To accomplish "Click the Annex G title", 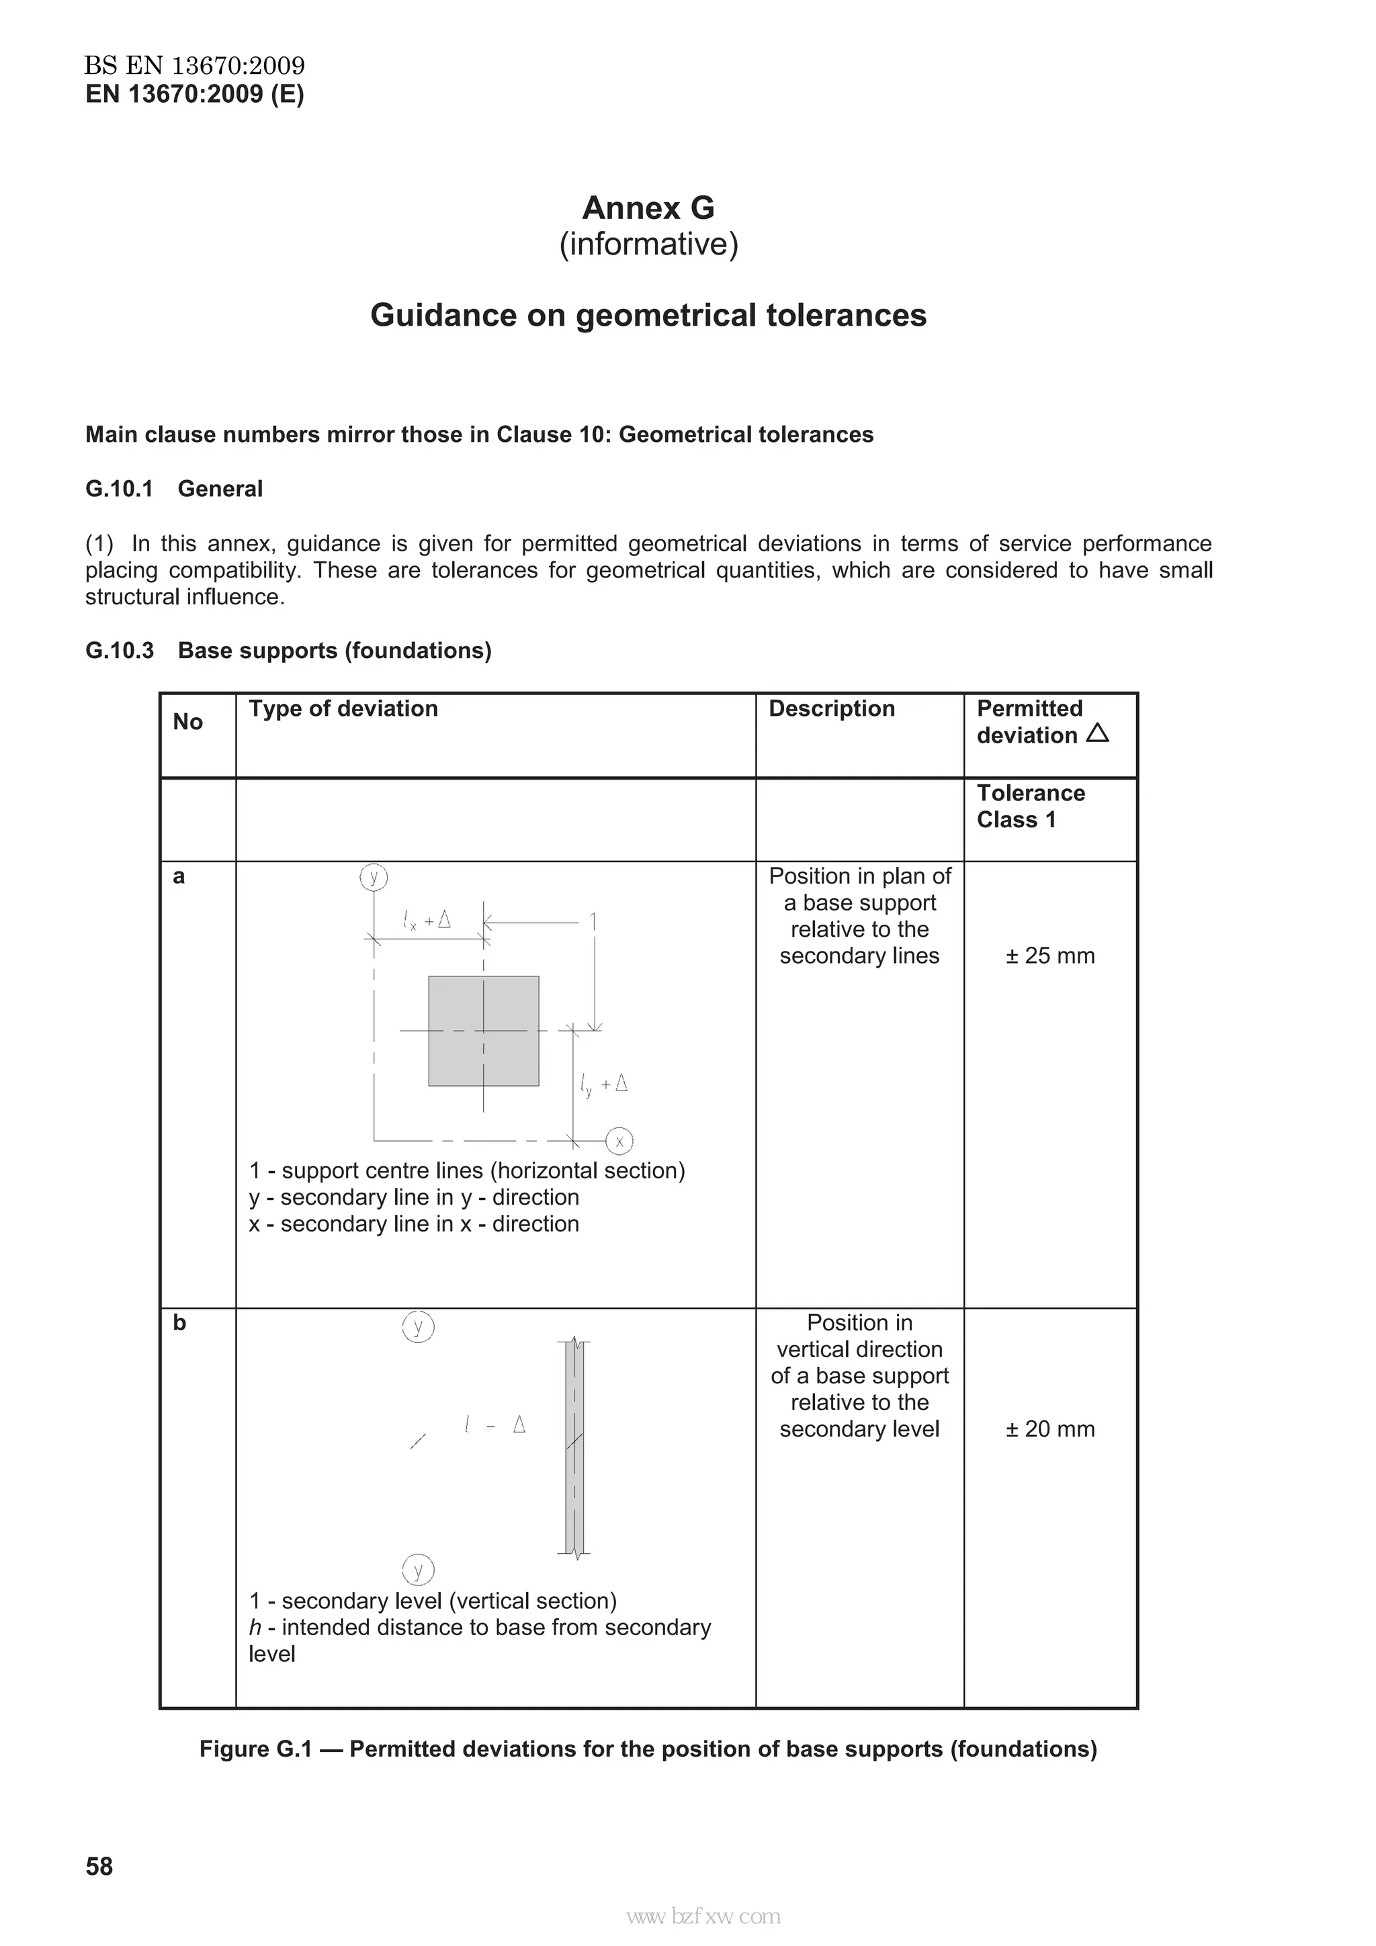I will point(648,207).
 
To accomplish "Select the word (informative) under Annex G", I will point(648,244).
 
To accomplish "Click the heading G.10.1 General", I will point(174,489).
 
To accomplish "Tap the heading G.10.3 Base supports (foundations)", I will point(288,650).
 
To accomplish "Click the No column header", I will point(187,722).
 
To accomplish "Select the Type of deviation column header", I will point(343,708).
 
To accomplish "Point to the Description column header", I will point(831,708).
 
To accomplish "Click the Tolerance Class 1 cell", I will point(1030,806).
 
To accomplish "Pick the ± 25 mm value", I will point(1049,956).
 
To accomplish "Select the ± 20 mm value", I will point(1049,1429).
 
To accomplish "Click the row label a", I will point(179,876).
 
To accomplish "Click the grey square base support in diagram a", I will point(483,1031).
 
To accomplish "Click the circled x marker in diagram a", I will point(619,1141).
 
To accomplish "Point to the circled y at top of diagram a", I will point(374,876).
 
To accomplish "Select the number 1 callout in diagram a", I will point(593,921).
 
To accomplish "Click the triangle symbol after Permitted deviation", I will point(1097,733).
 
